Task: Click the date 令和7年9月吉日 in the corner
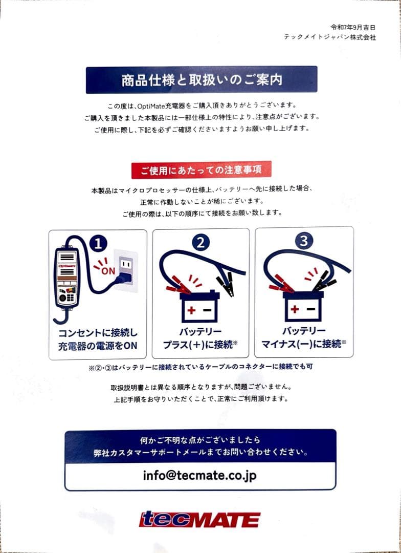[353, 27]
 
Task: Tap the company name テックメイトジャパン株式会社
[330, 37]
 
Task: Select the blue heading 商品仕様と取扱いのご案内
[202, 80]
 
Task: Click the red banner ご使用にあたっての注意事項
[201, 171]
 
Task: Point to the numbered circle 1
[98, 243]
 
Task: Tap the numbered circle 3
[304, 241]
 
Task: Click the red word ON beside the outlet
[108, 271]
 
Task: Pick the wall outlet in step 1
[126, 270]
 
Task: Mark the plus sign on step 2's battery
[191, 310]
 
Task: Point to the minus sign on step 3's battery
[311, 309]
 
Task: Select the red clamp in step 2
[178, 286]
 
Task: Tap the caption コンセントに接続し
[98, 333]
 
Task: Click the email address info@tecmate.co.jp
[200, 475]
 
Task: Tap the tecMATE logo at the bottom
[200, 520]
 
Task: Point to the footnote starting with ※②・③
[201, 367]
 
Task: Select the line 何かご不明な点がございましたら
[200, 440]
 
